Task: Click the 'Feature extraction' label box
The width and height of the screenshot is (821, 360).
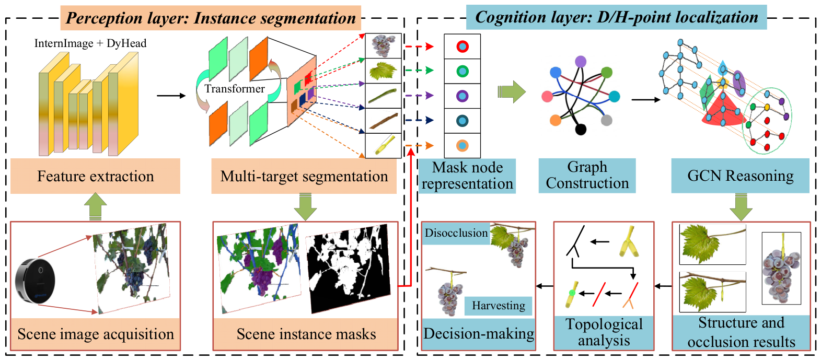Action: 95,176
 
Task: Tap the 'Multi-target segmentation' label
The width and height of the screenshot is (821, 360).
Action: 304,176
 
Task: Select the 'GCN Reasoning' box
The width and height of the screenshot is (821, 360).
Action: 740,176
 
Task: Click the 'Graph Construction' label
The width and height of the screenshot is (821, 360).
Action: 587,176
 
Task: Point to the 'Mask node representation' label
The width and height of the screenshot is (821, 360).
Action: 467,176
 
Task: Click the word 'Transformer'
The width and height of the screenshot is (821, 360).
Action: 235,89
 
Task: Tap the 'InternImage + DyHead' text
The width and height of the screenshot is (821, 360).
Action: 90,43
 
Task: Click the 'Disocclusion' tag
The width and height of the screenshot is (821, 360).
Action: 456,233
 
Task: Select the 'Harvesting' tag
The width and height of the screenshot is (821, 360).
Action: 499,306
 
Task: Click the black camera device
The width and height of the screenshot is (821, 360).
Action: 35,281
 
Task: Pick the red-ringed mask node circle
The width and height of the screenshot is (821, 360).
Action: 462,47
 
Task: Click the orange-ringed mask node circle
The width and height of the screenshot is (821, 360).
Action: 462,146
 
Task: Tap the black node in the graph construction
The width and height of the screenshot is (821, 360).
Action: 581,130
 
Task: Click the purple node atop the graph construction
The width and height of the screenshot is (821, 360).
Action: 581,61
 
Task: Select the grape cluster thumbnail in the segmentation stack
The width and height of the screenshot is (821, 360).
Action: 384,46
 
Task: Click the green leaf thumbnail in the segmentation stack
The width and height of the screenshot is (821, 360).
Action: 384,71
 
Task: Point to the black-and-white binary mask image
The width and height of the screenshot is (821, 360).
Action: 349,269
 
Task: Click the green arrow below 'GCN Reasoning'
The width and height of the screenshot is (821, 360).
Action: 741,207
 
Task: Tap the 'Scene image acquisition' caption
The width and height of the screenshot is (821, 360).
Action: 96,334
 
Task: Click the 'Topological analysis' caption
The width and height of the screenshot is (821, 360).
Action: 604,332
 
